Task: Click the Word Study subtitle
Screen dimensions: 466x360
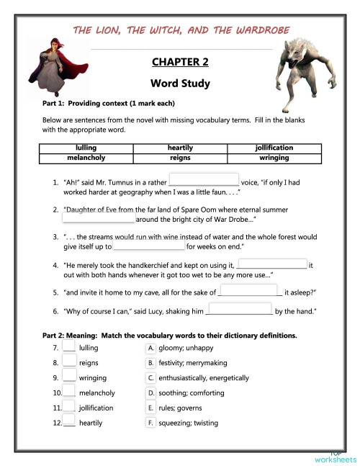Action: [x=180, y=84]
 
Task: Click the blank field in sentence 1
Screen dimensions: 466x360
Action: [x=203, y=180]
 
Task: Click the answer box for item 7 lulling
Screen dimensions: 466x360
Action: [x=69, y=347]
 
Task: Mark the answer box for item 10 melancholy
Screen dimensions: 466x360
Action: [x=69, y=392]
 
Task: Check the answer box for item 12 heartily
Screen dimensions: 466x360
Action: [x=69, y=422]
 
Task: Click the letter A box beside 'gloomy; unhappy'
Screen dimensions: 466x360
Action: [x=150, y=347]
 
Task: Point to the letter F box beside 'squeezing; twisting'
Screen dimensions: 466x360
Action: [x=150, y=423]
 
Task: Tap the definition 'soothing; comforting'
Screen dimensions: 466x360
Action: [x=188, y=393]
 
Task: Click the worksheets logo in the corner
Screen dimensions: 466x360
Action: [x=335, y=457]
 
